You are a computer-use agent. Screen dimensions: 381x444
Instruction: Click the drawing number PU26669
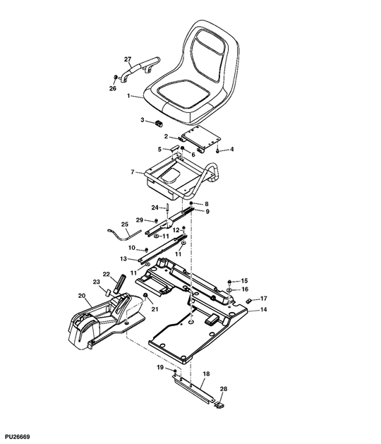coord(17,437)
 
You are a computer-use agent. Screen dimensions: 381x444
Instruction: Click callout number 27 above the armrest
coord(128,59)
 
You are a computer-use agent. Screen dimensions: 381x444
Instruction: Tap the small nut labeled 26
coord(116,78)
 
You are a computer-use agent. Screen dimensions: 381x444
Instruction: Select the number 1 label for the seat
coord(128,96)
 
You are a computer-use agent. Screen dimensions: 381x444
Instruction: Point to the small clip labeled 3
coord(159,123)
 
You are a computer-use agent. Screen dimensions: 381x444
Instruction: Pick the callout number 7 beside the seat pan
coord(133,172)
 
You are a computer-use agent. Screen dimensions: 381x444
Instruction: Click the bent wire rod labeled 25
coord(123,236)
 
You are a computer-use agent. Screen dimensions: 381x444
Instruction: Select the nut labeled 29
coord(155,220)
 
